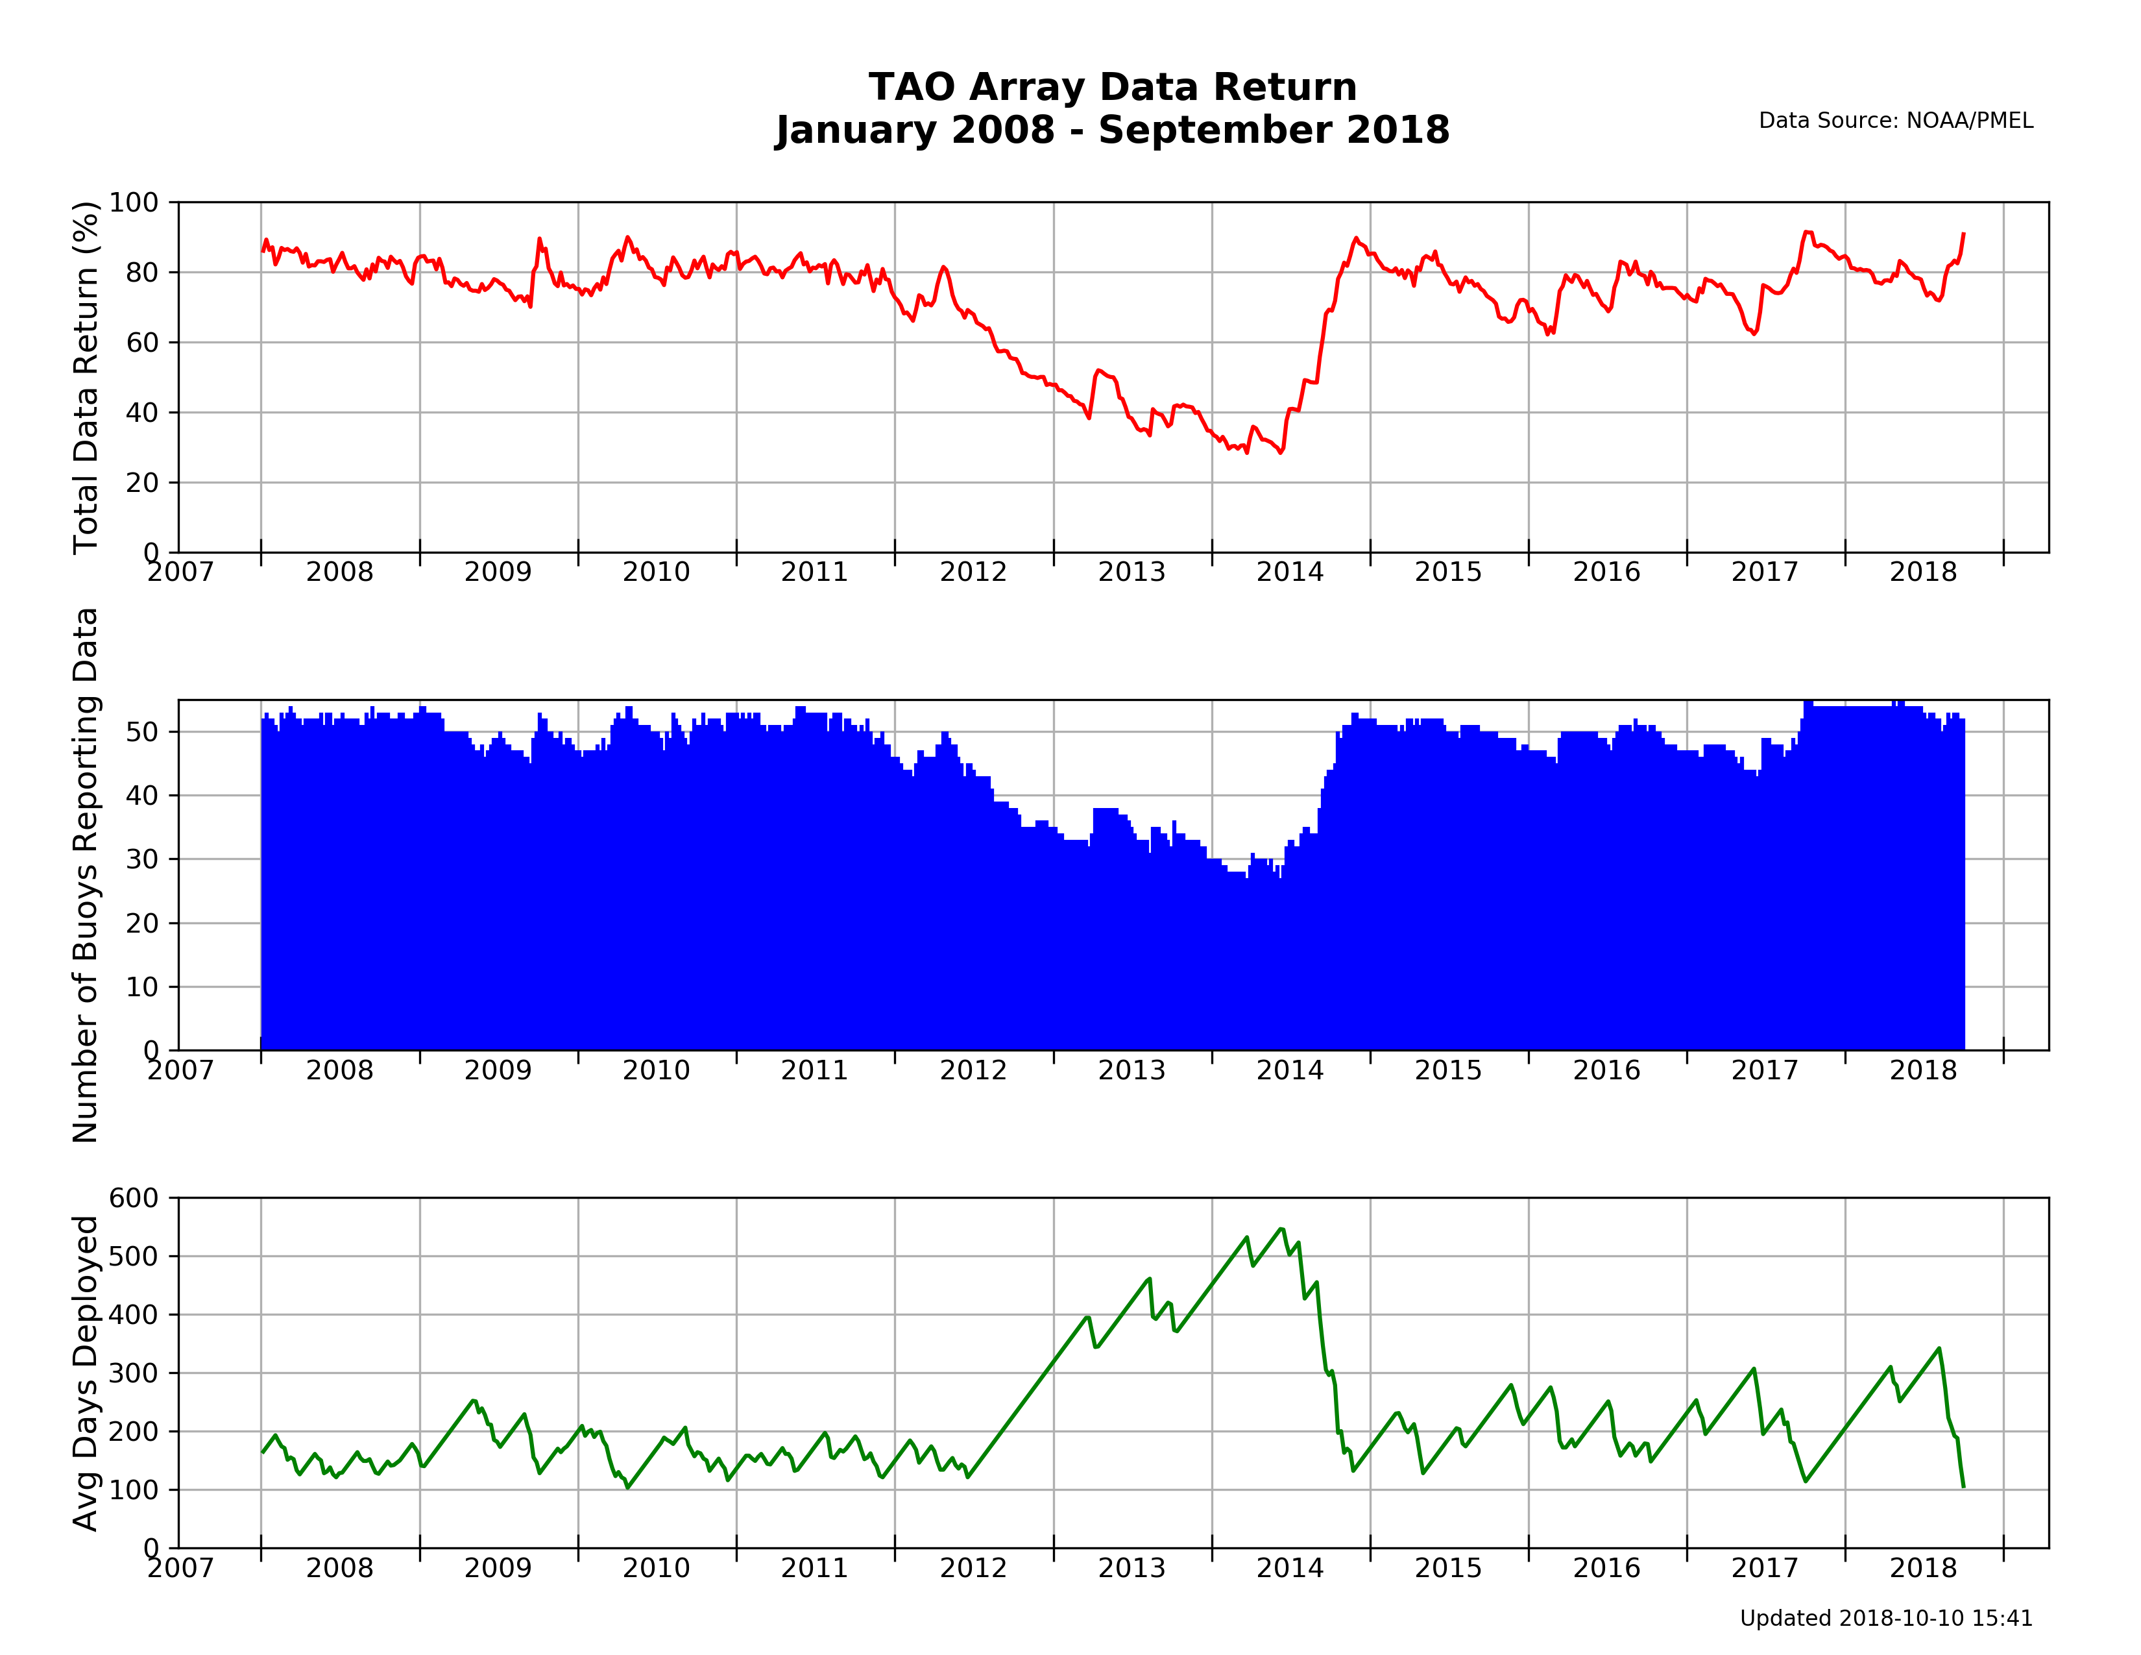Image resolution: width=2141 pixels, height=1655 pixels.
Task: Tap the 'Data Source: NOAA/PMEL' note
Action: [1895, 121]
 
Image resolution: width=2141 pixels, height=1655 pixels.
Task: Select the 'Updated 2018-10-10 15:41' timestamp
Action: [1885, 1619]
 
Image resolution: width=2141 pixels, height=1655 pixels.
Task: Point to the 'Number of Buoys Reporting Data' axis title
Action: [86, 875]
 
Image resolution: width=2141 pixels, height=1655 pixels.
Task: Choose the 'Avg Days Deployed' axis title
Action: [86, 1373]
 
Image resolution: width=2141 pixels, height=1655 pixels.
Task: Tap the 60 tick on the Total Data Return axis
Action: [142, 342]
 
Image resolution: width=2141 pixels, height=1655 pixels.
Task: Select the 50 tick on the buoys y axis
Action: [142, 732]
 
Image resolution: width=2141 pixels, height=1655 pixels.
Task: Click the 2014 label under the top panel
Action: [1289, 572]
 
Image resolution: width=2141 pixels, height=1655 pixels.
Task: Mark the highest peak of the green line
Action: [1280, 1229]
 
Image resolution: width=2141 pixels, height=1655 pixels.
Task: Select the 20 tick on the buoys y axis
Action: [142, 924]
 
